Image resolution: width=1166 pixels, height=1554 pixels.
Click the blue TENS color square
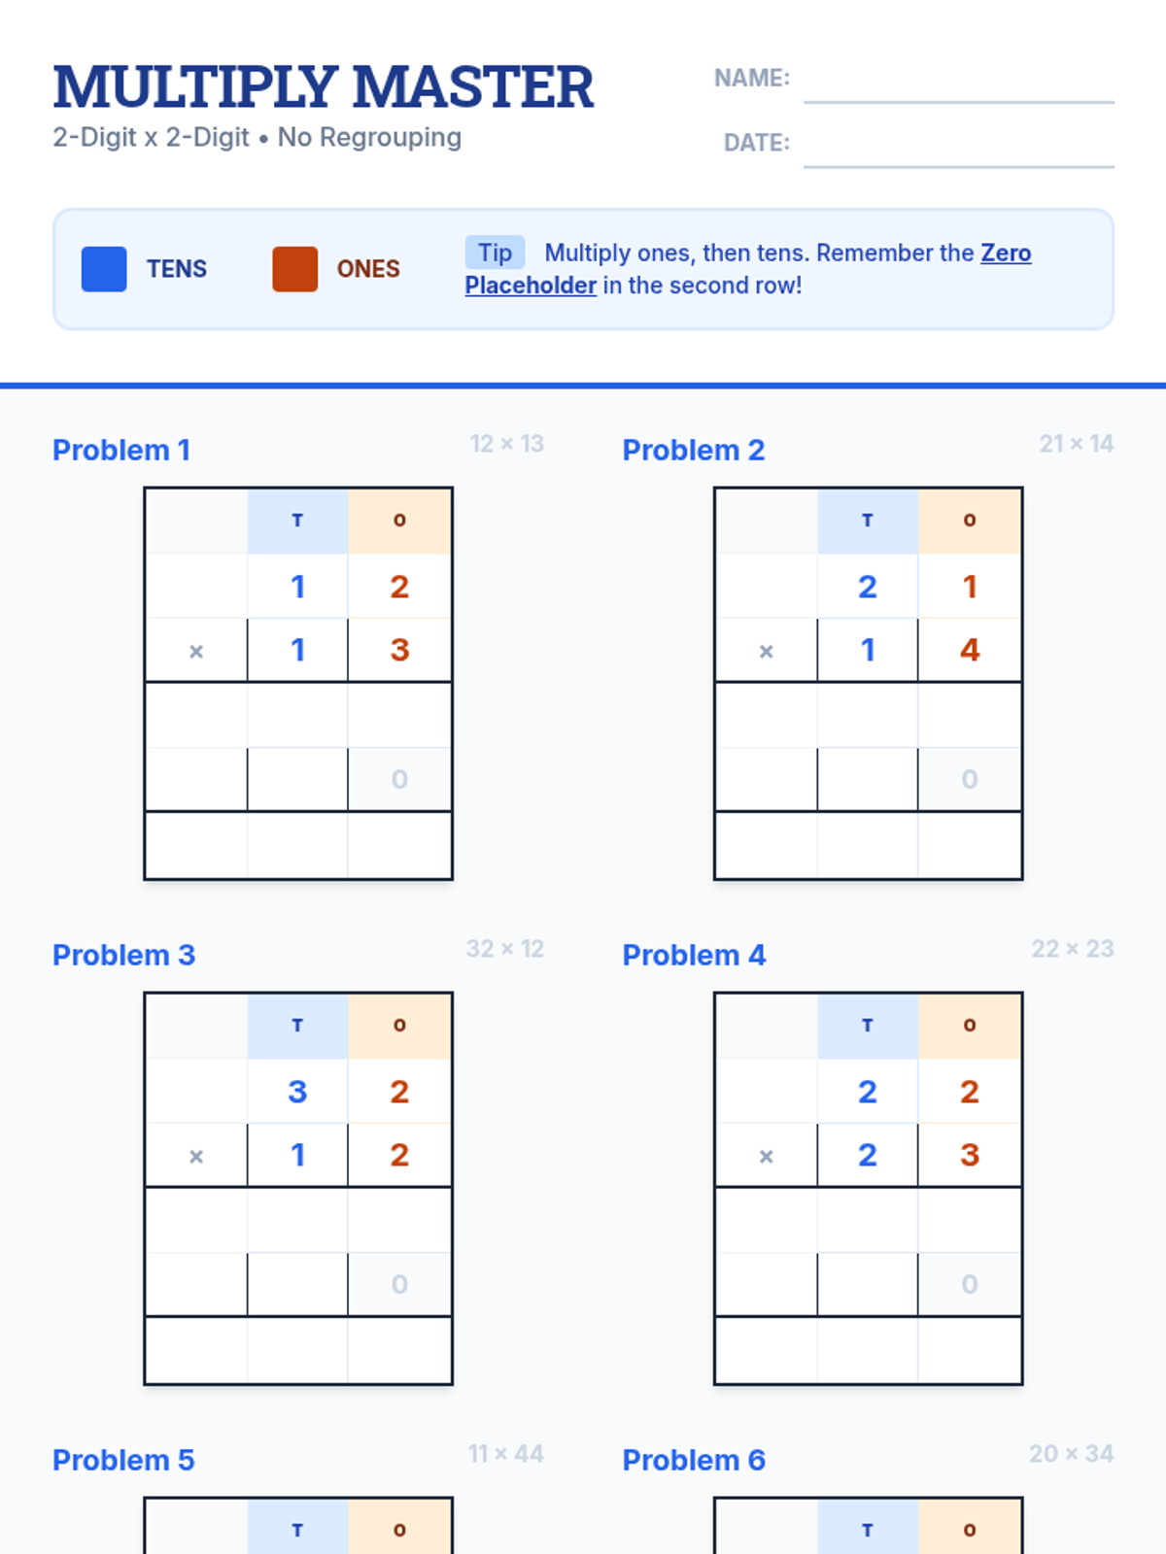(x=104, y=269)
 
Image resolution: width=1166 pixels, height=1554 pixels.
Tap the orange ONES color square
(x=295, y=269)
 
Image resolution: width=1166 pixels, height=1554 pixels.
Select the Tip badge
(x=495, y=253)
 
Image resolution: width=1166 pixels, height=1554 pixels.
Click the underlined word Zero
(x=1006, y=253)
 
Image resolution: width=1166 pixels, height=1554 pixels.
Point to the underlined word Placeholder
(x=531, y=286)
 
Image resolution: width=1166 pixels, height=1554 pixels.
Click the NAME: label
(x=752, y=78)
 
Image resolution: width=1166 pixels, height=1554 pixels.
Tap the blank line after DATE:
(x=959, y=167)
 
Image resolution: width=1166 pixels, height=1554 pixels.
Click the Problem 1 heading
(x=121, y=451)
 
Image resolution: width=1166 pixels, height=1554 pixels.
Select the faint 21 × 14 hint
(x=1076, y=444)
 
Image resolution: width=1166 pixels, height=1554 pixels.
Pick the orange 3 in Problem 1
(x=399, y=650)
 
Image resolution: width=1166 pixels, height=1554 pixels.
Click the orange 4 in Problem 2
(x=969, y=650)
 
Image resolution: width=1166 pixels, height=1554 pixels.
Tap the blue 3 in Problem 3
(x=297, y=1092)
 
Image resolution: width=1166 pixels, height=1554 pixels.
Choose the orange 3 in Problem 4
(x=969, y=1155)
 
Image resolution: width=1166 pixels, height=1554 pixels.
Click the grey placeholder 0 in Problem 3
(x=399, y=1284)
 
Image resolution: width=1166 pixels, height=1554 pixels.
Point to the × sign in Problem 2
(x=766, y=652)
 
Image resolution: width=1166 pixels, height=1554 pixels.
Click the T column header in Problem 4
(x=868, y=1025)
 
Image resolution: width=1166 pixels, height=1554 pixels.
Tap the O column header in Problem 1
(x=399, y=521)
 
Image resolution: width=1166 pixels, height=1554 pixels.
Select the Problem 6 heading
(x=694, y=1460)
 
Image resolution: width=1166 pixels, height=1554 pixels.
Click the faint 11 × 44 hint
(x=505, y=1453)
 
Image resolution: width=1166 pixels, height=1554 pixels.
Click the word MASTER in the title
(x=473, y=87)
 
